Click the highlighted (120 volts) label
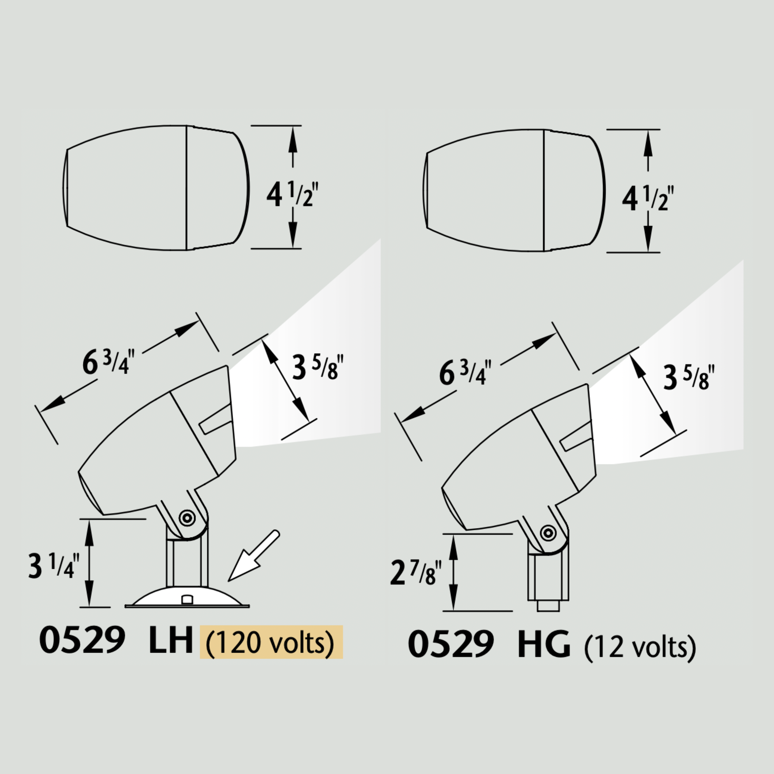(x=271, y=642)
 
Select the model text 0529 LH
(x=116, y=641)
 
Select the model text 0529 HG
(x=489, y=644)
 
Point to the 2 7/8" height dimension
(x=416, y=572)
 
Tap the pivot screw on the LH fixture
(x=187, y=518)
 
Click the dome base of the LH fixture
(x=187, y=598)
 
